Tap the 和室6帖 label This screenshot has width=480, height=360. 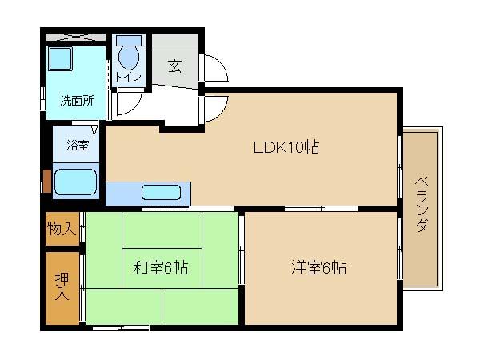pyautogui.click(x=160, y=268)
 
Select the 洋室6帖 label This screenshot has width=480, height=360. pyautogui.click(x=318, y=268)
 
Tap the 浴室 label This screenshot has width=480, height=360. pyautogui.click(x=77, y=146)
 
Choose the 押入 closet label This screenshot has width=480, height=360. pyautogui.click(x=62, y=286)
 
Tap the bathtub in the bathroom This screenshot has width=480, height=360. pyautogui.click(x=75, y=182)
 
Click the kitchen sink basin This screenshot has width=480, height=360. pyautogui.click(x=166, y=193)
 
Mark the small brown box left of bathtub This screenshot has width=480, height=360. pyautogui.click(x=46, y=181)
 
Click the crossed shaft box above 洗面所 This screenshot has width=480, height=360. pyautogui.click(x=74, y=37)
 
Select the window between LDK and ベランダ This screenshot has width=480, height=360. pyautogui.click(x=399, y=166)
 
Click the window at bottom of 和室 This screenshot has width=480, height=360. pyautogui.click(x=120, y=327)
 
